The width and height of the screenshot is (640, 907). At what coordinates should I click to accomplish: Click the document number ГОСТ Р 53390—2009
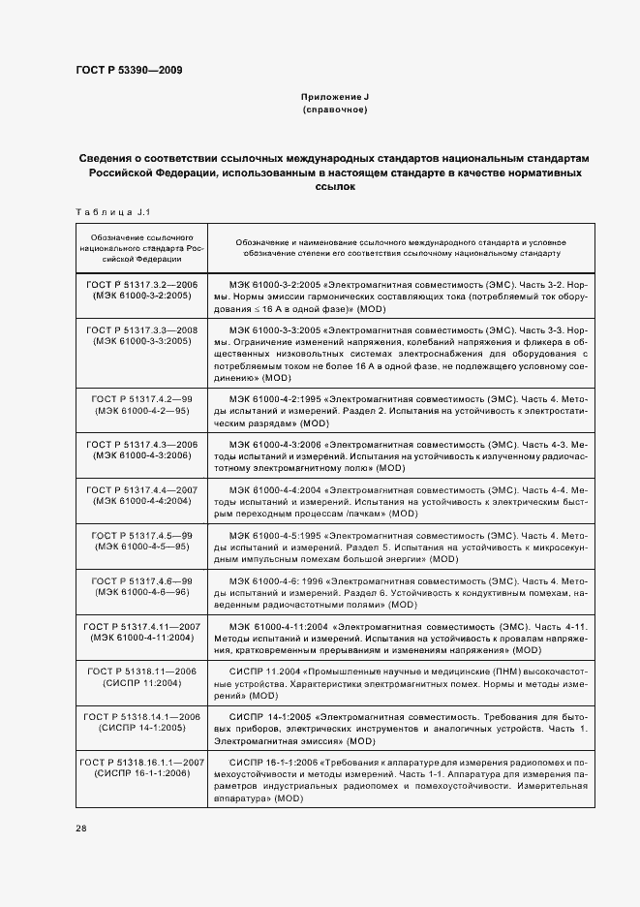tap(128, 70)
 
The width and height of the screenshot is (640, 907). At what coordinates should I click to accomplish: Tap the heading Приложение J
tap(335, 98)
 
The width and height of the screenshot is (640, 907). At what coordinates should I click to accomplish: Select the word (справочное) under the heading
tap(335, 110)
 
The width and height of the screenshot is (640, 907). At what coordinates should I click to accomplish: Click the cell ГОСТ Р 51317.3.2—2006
tap(142, 290)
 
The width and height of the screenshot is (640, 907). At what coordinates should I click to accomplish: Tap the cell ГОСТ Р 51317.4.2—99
tap(142, 404)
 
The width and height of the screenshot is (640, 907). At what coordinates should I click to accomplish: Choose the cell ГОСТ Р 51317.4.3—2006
tap(142, 449)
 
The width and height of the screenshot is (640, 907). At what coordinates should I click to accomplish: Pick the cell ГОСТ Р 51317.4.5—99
tap(142, 540)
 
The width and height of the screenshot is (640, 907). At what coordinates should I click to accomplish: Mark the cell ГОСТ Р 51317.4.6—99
tap(142, 585)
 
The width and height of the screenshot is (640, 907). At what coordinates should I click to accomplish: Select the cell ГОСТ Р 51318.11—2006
tap(142, 676)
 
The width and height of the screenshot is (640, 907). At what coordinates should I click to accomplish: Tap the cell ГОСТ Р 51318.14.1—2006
tap(142, 722)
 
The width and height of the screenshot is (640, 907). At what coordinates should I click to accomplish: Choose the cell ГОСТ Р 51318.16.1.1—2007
tap(142, 767)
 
